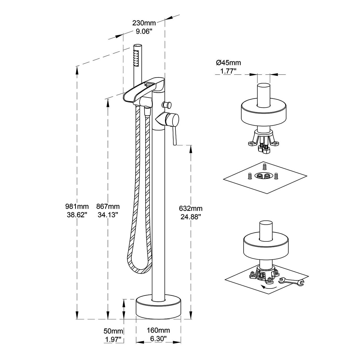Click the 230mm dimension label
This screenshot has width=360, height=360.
click(x=144, y=23)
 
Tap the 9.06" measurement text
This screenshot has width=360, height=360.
click(x=144, y=31)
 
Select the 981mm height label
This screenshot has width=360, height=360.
click(x=77, y=207)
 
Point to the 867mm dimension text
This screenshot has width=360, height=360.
click(x=108, y=207)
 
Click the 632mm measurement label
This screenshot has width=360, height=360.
click(x=191, y=208)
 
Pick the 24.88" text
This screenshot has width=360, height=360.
click(x=191, y=217)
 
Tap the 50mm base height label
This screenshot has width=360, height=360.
click(x=113, y=331)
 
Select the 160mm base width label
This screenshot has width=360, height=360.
click(x=158, y=330)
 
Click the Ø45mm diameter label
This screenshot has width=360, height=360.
click(x=228, y=63)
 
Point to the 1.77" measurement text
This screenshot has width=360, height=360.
click(x=228, y=71)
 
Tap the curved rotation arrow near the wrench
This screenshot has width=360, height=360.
click(x=269, y=287)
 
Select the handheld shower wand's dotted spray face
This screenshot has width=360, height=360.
click(x=136, y=57)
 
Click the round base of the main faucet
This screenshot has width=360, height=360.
click(x=158, y=309)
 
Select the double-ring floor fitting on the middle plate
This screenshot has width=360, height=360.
click(x=262, y=176)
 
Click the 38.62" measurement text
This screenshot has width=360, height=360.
click(x=77, y=215)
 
